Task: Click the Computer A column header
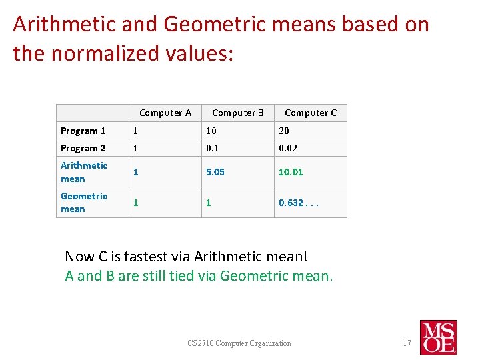click(x=165, y=113)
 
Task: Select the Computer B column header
click(x=238, y=113)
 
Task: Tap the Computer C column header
click(x=311, y=113)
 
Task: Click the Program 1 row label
click(x=83, y=131)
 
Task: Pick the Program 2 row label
click(x=83, y=148)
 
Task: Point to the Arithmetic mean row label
click(x=84, y=172)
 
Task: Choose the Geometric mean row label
click(x=84, y=203)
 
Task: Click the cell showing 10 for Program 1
click(x=211, y=131)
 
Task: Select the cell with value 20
click(x=285, y=131)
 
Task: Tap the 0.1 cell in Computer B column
click(x=213, y=148)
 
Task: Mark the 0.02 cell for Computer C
click(x=288, y=148)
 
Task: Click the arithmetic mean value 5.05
click(x=215, y=172)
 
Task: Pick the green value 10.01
click(x=291, y=172)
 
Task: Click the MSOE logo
click(x=438, y=337)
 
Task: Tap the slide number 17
click(x=407, y=343)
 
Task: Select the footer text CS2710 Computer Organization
click(x=239, y=343)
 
